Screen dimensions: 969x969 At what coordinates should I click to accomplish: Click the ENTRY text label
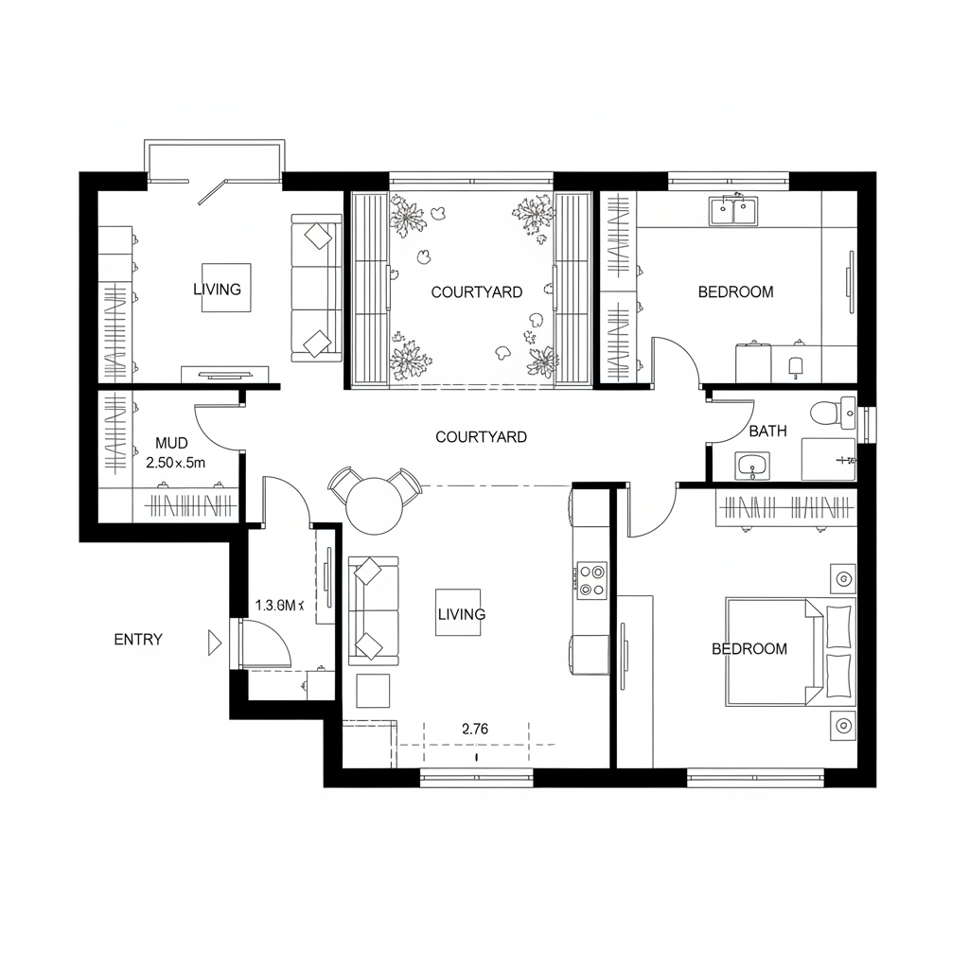tap(138, 640)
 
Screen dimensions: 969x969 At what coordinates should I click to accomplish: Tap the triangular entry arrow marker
tap(214, 644)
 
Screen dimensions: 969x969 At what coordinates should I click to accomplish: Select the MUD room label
tap(172, 443)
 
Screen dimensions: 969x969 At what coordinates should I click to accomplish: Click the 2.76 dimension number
tap(475, 729)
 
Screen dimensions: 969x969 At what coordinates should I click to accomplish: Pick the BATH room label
tap(767, 432)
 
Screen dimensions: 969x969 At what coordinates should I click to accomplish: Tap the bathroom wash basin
tap(753, 465)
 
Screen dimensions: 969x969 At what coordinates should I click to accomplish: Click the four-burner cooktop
tap(592, 580)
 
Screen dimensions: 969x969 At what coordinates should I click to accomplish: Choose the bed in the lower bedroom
tap(789, 651)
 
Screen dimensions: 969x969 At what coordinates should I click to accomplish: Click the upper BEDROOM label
tap(735, 292)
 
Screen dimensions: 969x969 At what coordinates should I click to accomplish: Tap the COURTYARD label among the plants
tap(476, 292)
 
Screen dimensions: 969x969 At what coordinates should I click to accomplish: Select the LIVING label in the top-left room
tap(217, 290)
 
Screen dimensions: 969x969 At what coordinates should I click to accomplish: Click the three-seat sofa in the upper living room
tap(316, 288)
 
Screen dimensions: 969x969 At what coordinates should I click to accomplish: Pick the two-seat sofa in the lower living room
tap(374, 608)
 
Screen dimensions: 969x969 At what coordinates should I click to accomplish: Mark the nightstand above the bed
tap(841, 576)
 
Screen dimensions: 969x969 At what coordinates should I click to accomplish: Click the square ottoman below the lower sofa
tap(374, 691)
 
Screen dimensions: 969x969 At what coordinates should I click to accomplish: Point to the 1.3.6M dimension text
tap(278, 606)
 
